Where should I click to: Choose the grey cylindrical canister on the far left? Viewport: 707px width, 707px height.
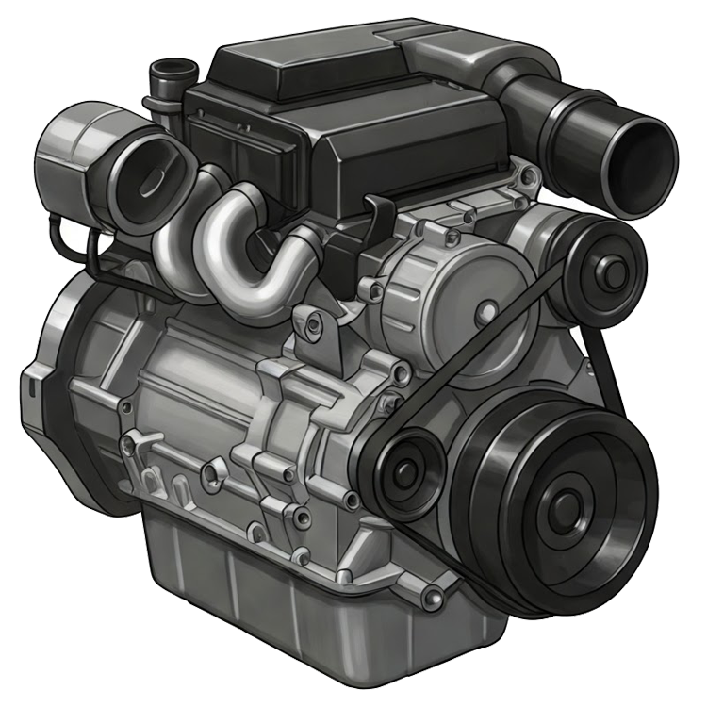pyautogui.click(x=71, y=151)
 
